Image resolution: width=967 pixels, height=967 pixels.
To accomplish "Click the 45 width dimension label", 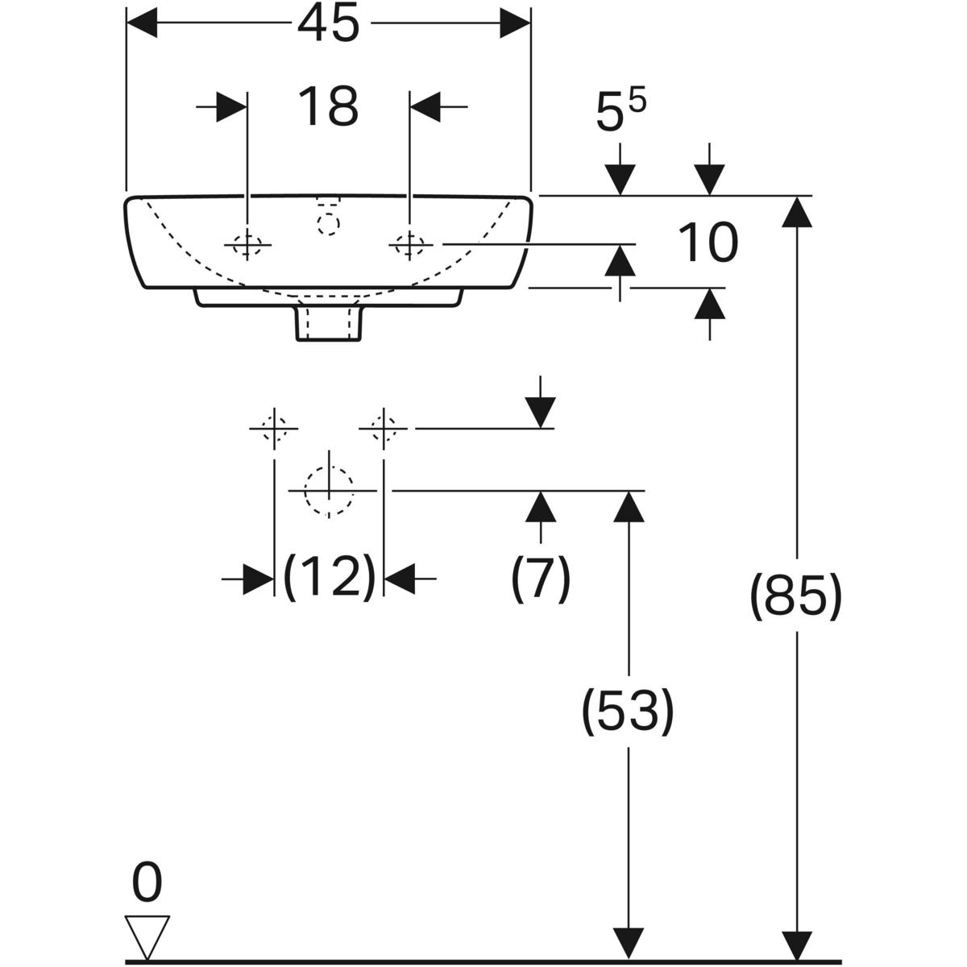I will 328,24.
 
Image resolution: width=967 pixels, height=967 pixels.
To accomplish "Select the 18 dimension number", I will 328,106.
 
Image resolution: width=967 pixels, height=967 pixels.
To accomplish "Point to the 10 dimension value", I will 708,243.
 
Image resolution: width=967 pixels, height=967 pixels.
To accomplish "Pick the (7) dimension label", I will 540,577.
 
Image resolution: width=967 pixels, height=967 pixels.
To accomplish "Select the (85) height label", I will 796,596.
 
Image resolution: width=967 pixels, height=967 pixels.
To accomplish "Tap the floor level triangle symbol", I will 147,935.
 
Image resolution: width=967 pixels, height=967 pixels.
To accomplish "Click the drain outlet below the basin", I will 329,321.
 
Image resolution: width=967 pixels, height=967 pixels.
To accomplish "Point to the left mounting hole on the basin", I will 247,243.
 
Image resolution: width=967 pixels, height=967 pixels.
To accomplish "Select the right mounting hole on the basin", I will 410,243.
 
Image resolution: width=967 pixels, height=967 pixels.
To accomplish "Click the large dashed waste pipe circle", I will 329,491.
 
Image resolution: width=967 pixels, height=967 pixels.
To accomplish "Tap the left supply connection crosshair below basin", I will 275,429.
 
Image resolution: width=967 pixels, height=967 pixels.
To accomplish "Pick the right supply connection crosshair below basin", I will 384,429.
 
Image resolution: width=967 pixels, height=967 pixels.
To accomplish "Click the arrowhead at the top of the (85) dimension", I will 796,211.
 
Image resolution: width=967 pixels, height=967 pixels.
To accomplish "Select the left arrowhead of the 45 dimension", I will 141,24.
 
